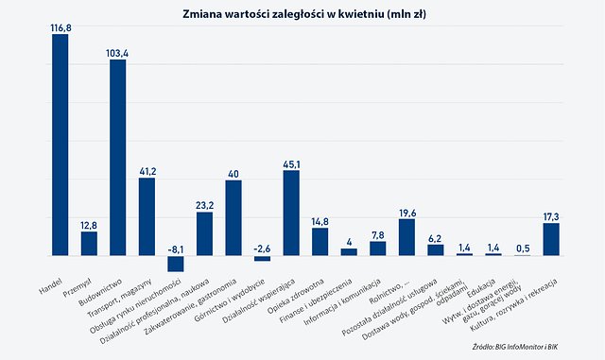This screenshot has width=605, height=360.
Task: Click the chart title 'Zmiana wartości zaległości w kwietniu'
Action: pos(302,13)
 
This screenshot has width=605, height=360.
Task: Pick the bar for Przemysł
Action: pos(89,244)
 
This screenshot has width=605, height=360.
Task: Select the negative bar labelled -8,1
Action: pos(175,264)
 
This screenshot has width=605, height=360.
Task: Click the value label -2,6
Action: pos(262,248)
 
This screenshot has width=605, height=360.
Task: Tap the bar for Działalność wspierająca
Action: pos(291,213)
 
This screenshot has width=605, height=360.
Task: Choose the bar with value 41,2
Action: pos(147,216)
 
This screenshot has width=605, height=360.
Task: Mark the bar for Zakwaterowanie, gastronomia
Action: pos(233,217)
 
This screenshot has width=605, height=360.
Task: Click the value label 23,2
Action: pos(204,205)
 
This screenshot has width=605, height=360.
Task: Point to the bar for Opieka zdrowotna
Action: pos(320,242)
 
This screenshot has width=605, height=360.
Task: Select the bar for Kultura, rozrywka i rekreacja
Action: pos(551,239)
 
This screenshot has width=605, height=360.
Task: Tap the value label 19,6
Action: pos(406,213)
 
